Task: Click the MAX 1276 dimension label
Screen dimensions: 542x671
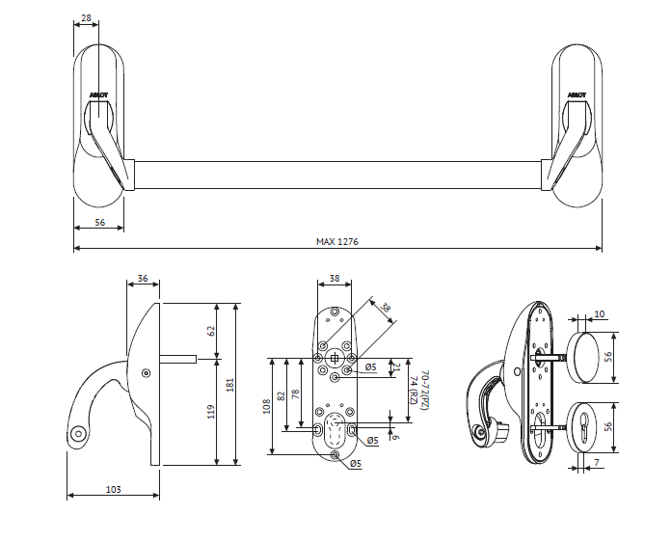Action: [x=337, y=241]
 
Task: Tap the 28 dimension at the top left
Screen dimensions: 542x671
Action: [x=87, y=17]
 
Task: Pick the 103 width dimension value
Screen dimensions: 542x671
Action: [x=112, y=490]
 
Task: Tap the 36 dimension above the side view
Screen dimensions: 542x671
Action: [x=143, y=279]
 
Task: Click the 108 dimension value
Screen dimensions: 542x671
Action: [x=267, y=406]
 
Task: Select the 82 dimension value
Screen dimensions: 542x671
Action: [x=282, y=395]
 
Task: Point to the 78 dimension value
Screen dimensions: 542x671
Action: [x=295, y=395]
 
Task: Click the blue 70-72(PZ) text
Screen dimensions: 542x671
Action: [x=424, y=393]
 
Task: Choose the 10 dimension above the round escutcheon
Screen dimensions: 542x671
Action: [x=599, y=313]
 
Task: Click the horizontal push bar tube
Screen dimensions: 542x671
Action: [x=337, y=175]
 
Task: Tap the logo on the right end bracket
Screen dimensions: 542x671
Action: [x=577, y=95]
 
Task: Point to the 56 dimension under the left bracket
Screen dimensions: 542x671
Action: [x=99, y=222]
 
